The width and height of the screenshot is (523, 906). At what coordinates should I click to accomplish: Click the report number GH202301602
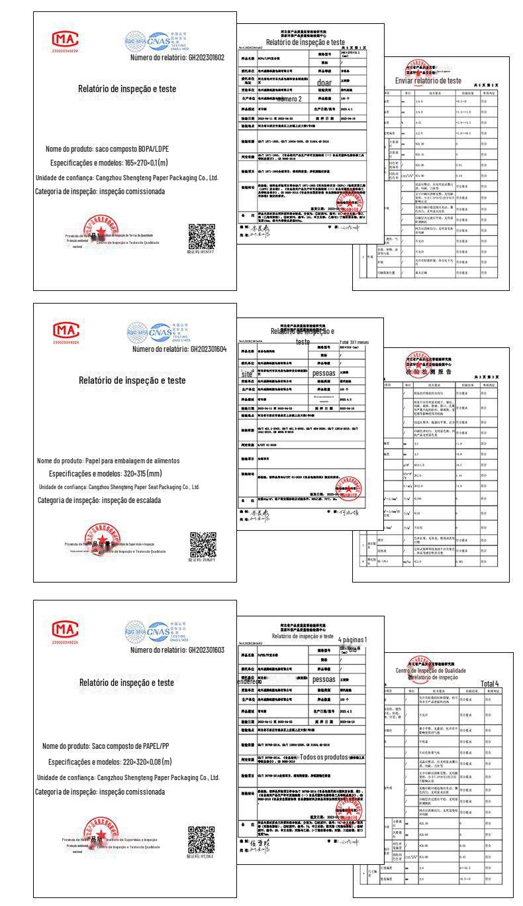[x=207, y=58]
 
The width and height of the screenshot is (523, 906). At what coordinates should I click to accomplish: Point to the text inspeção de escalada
[x=130, y=500]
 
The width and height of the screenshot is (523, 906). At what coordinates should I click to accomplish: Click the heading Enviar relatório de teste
[x=428, y=80]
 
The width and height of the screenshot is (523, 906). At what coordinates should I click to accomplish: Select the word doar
[x=324, y=83]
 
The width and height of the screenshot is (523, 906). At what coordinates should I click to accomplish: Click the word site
[x=247, y=374]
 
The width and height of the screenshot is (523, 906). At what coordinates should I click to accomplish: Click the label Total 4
[x=490, y=683]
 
